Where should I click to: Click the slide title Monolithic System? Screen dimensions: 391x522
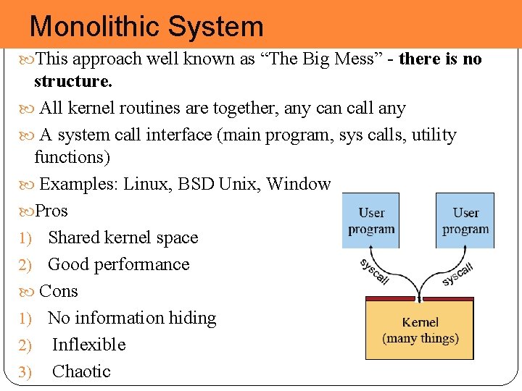point(146,27)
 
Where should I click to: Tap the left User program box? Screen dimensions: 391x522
point(371,220)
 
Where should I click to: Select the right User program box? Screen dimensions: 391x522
point(465,220)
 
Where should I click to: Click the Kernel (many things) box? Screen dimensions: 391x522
point(420,330)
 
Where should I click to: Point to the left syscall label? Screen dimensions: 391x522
point(374,272)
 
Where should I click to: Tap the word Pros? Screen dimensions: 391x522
point(51,211)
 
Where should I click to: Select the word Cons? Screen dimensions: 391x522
point(59,291)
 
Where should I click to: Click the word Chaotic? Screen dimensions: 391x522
point(81,371)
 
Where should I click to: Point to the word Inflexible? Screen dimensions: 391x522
point(88,345)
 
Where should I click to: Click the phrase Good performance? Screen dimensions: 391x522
point(118,264)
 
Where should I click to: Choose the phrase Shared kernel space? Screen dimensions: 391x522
point(123,237)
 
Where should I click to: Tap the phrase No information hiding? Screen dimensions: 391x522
point(132,318)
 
